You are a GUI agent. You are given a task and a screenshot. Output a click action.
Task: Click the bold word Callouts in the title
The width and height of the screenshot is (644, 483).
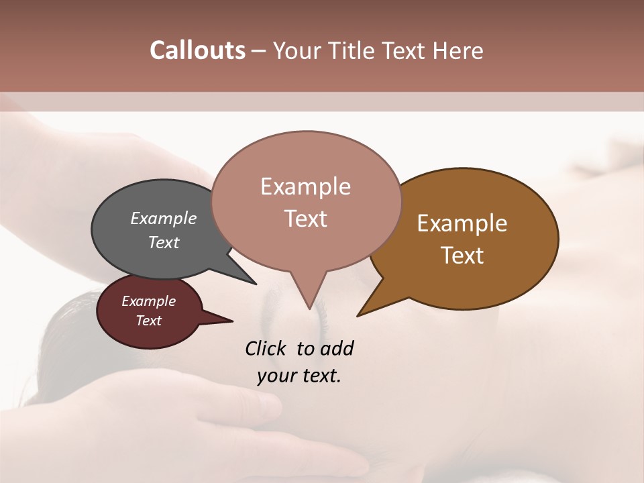click(197, 50)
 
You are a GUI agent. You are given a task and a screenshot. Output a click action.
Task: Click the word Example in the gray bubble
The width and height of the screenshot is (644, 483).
click(163, 218)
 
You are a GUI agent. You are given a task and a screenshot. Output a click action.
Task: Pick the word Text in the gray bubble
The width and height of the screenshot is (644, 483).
click(163, 242)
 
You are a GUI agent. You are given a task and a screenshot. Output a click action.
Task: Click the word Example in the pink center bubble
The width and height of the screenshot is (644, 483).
click(305, 186)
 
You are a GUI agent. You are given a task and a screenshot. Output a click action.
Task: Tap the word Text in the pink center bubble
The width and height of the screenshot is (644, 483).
click(305, 219)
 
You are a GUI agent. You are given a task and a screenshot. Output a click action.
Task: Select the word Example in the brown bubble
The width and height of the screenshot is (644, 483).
click(462, 223)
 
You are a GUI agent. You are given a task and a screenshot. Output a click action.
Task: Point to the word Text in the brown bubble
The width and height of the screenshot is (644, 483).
click(462, 255)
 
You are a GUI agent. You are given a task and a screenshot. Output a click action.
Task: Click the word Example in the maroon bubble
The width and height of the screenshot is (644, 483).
click(148, 301)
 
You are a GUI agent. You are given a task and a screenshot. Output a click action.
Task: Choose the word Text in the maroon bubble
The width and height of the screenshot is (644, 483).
click(148, 321)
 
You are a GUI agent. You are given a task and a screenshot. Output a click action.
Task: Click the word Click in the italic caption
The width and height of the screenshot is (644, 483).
click(267, 348)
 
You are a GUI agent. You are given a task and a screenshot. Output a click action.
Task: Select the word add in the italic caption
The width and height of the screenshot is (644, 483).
click(337, 348)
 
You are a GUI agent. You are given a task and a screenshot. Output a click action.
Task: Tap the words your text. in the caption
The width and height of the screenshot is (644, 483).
click(299, 376)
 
